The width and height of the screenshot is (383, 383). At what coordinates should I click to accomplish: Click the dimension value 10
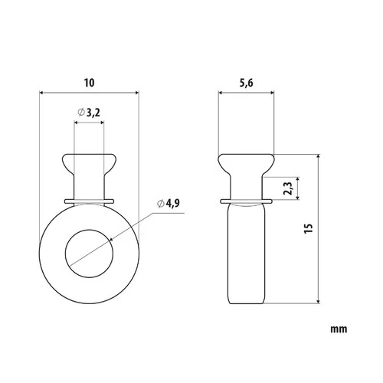coord(90,83)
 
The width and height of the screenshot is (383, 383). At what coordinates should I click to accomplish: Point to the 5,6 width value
coord(246,83)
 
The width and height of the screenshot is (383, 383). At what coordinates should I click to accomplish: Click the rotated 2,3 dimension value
coord(288,188)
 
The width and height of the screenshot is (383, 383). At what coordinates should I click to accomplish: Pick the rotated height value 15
coord(309,228)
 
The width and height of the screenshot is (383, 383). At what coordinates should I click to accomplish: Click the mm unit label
coord(339,329)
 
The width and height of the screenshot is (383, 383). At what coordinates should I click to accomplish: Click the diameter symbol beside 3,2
coord(81,112)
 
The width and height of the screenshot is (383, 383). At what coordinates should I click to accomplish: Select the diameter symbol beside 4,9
coord(161,204)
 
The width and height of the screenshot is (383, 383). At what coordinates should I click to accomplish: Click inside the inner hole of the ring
coord(89,254)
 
